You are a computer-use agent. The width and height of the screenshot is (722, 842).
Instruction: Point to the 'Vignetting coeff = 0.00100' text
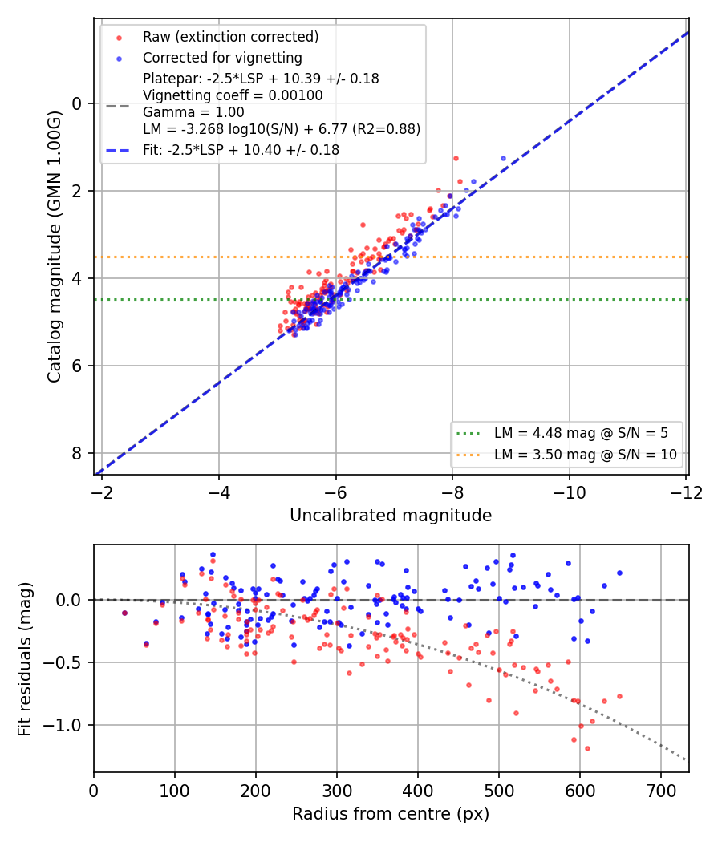coord(233,95)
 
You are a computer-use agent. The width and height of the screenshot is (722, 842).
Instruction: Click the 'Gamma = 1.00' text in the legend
coord(193,112)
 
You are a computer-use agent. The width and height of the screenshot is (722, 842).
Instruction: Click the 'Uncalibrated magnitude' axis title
coord(391,516)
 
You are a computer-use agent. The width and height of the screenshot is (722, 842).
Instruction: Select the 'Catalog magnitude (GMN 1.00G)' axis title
coord(54,247)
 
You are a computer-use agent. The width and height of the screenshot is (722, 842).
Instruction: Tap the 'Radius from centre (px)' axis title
coord(391,814)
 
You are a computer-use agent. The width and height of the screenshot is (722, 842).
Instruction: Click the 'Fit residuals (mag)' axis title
coord(25,659)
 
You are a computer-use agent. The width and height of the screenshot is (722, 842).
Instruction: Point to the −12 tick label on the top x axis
coord(686,492)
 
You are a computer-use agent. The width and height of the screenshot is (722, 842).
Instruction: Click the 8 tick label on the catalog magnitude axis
coord(77,453)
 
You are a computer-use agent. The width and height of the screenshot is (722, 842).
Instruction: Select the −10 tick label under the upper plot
coord(570,492)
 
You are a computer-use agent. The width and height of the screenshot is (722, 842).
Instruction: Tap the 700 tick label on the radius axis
coord(661,791)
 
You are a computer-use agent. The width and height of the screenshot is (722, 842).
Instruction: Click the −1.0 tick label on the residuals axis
coord(63,726)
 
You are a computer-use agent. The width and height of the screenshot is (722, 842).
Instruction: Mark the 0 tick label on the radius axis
coord(94,791)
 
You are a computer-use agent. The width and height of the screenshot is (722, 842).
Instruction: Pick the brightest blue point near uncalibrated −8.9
coord(503,159)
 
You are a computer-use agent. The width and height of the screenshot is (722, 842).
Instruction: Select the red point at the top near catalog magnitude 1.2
coord(456,159)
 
